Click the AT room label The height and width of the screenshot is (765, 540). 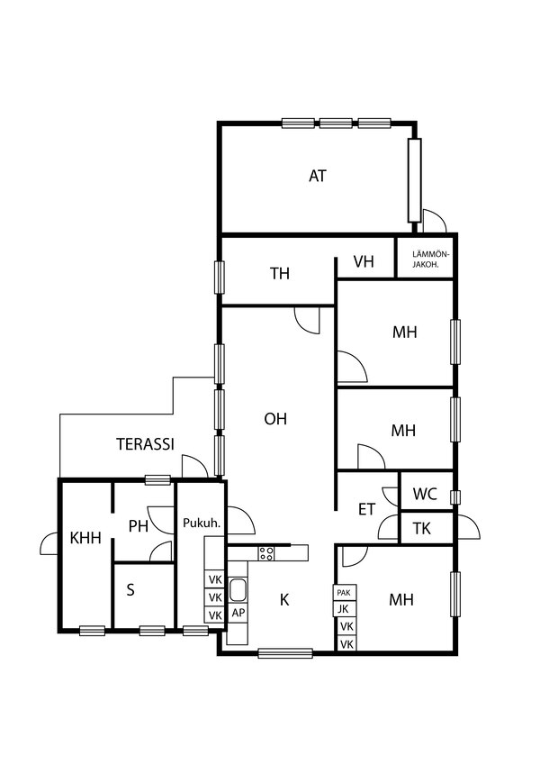318,176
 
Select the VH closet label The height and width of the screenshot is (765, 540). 364,261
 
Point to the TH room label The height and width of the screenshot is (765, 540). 280,274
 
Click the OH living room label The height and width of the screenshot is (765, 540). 275,419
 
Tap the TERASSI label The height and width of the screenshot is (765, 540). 145,444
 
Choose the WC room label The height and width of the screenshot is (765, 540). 425,494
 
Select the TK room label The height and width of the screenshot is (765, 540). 421,528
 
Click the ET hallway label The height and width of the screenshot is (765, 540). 366,509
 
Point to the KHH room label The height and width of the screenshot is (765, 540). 85,538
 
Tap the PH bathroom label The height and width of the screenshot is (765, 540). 139,526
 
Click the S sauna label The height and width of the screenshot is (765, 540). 130,590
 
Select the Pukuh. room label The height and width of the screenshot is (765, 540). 202,523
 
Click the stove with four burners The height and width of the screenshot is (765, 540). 266,552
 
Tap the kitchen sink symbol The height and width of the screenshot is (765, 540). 238,589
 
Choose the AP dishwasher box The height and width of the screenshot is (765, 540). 238,613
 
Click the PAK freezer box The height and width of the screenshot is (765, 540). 344,593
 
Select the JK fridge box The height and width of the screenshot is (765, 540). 344,609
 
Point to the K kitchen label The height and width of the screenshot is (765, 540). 284,599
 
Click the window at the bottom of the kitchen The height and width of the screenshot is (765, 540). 285,653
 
